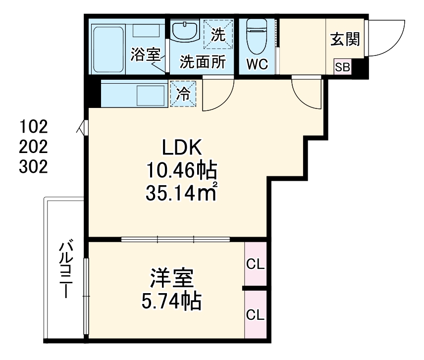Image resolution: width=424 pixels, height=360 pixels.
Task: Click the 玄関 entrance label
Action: (x=345, y=39)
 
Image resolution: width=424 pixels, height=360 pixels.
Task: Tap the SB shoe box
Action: (x=342, y=67)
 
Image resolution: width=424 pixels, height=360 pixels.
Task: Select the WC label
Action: (x=258, y=64)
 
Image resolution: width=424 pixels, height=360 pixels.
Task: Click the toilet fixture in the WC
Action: (x=257, y=36)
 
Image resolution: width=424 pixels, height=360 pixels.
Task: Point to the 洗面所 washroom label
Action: (x=203, y=62)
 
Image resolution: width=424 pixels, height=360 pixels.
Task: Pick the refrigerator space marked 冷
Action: (x=183, y=94)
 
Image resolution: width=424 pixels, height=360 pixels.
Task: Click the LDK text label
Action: (x=181, y=148)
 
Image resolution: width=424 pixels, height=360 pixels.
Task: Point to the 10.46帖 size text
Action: (x=181, y=171)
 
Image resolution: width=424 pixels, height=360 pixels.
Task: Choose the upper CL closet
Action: (x=256, y=264)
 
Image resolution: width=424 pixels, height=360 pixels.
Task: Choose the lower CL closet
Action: (x=256, y=314)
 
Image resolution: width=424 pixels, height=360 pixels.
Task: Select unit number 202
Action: (x=34, y=147)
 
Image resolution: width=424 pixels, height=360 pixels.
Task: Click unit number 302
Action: (x=34, y=167)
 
